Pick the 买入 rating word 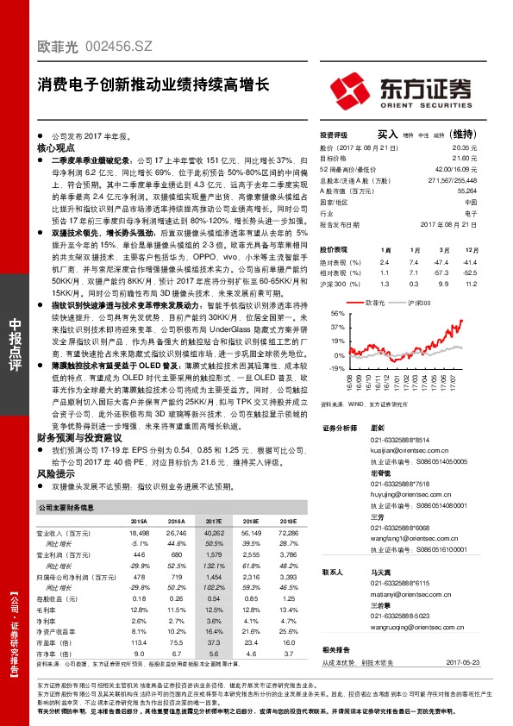click(x=387, y=135)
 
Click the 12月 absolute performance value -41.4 click(x=468, y=261)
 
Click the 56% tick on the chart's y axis click(x=337, y=315)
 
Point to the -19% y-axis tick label click(x=336, y=367)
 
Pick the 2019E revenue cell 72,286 click(x=285, y=534)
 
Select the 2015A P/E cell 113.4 click(x=138, y=642)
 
